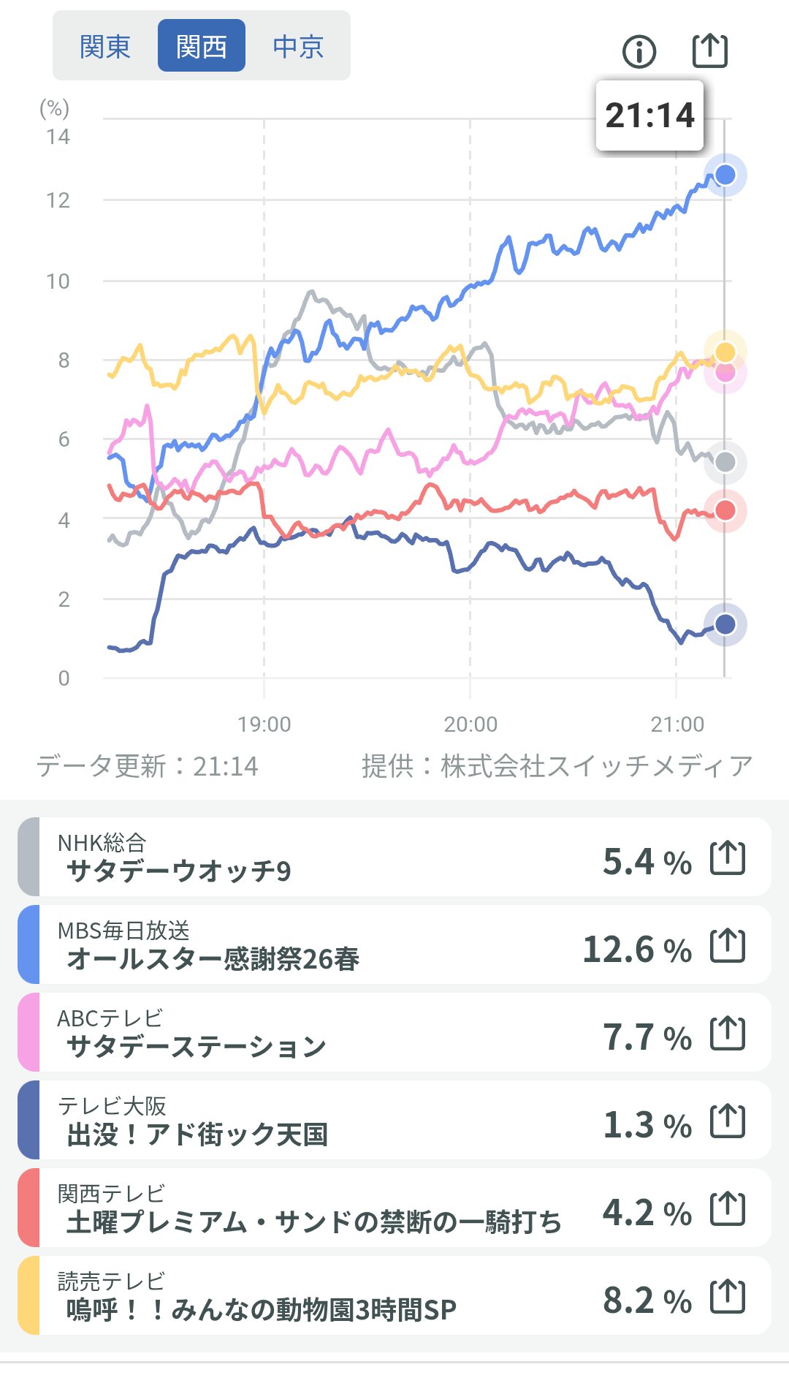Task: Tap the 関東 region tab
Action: (x=105, y=47)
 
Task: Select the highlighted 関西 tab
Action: (x=202, y=47)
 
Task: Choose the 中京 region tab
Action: (x=298, y=47)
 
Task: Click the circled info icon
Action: (x=639, y=51)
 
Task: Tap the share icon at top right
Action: (x=709, y=50)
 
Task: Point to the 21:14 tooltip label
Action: (x=649, y=115)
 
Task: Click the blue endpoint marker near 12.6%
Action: (x=725, y=175)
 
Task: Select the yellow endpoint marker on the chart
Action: (x=725, y=352)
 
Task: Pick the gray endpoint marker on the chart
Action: (x=725, y=462)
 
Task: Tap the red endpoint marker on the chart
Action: (x=725, y=510)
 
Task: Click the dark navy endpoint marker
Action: (x=725, y=624)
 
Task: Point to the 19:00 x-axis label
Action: (x=264, y=724)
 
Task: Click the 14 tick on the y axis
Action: (x=58, y=137)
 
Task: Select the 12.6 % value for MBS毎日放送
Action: (x=637, y=950)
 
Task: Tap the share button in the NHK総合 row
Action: (x=728, y=858)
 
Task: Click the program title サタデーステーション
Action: (x=196, y=1047)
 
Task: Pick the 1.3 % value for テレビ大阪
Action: (x=647, y=1125)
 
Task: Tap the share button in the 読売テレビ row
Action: (x=728, y=1297)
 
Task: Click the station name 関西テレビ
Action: (x=111, y=1194)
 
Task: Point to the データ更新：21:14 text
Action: (x=148, y=766)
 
